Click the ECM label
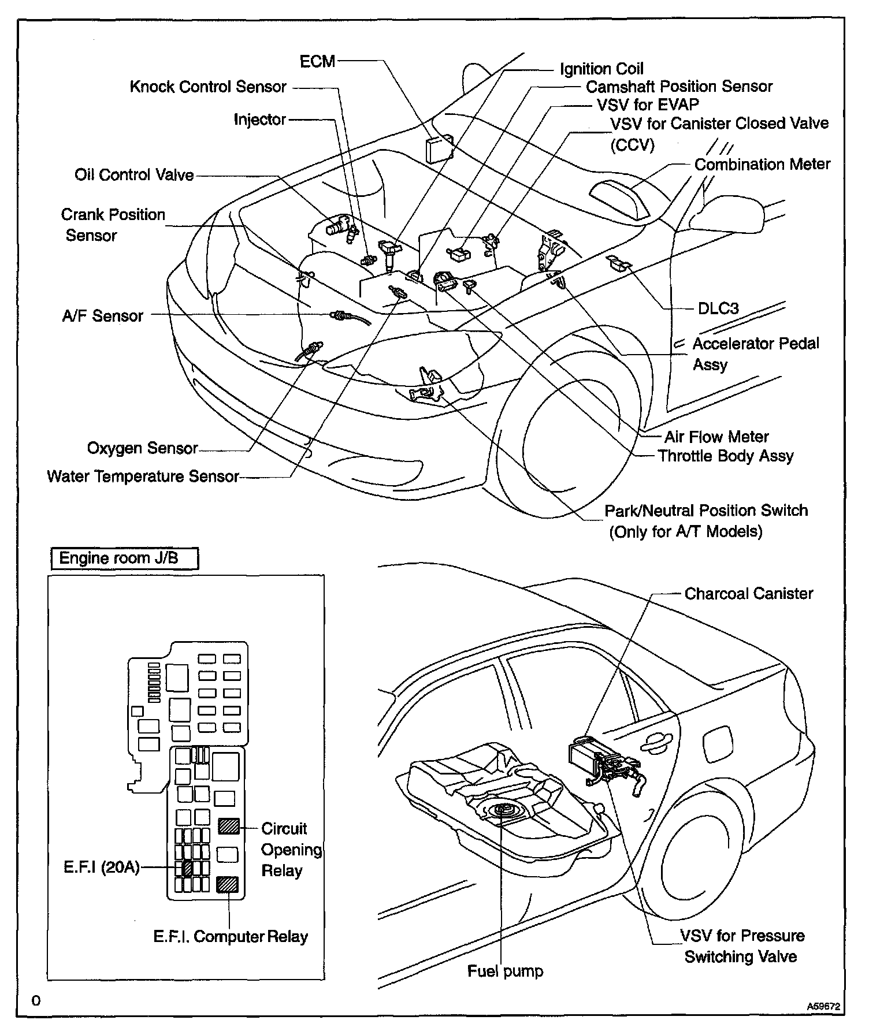coord(317,61)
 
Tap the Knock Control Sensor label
coord(208,87)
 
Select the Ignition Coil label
coord(601,69)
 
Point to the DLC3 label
coord(718,308)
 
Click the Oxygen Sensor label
coord(142,448)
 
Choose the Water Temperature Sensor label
coord(143,476)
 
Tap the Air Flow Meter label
coord(716,437)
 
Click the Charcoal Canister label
coord(748,594)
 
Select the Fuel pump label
coord(505,971)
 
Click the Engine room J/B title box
coord(124,559)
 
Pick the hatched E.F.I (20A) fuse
coord(187,868)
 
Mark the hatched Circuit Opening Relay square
coord(228,826)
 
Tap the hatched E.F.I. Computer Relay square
coord(227,884)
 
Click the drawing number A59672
coord(823,1006)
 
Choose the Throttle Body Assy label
coord(726,456)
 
